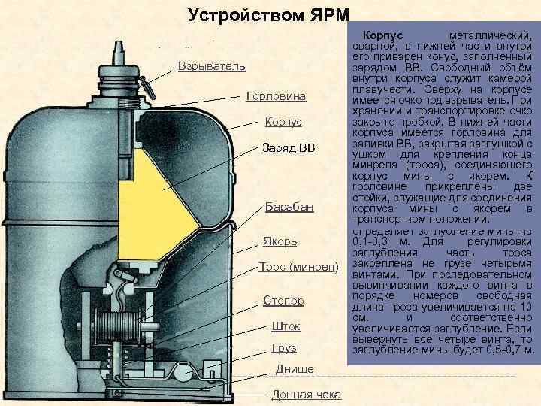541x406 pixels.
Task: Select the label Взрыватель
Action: [x=212, y=67]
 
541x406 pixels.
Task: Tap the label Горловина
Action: [x=276, y=97]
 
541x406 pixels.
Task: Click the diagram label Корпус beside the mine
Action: [x=283, y=122]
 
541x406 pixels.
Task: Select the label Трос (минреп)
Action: [x=299, y=267]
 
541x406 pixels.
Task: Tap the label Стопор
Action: [x=283, y=301]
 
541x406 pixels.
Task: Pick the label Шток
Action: [x=286, y=327]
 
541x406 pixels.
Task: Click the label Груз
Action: [x=284, y=348]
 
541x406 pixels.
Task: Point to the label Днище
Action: [x=295, y=368]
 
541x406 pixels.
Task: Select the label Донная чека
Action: [x=306, y=395]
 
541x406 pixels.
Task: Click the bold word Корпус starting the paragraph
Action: [x=383, y=36]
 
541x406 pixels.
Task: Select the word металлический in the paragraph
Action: [x=489, y=36]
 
